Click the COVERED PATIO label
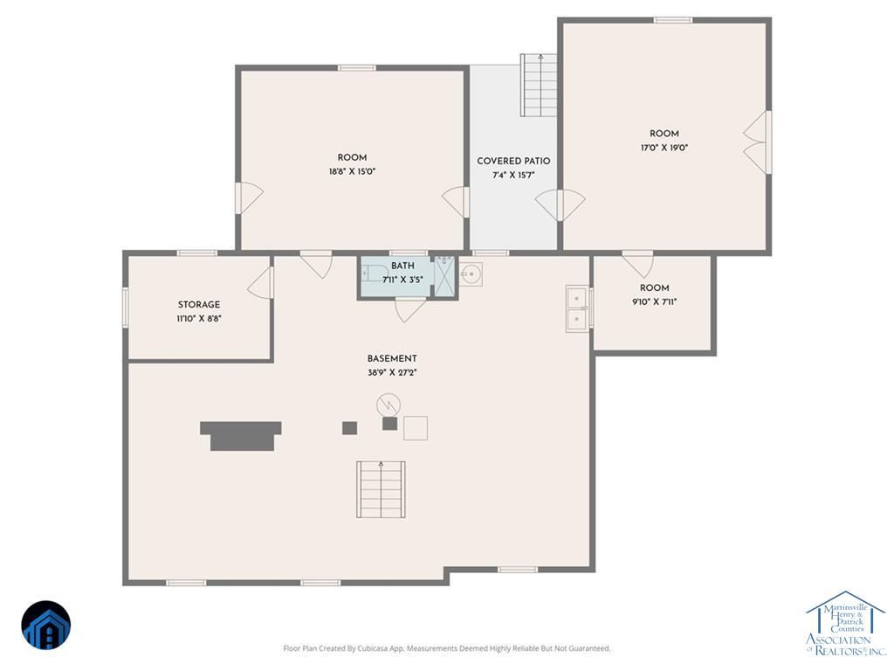click(x=513, y=161)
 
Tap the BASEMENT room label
click(x=392, y=358)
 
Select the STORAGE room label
click(x=198, y=305)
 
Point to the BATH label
click(x=402, y=266)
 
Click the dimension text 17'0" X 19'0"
click(x=664, y=148)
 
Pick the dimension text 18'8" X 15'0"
click(x=352, y=171)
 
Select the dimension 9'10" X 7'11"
click(x=654, y=301)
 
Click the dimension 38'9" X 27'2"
click(x=392, y=372)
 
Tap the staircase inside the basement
click(x=381, y=489)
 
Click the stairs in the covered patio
click(x=538, y=85)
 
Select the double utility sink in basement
click(x=578, y=308)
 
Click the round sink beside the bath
click(x=471, y=273)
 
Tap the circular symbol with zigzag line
click(x=389, y=405)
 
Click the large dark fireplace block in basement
click(x=241, y=436)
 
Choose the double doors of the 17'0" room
click(x=756, y=142)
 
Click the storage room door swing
click(x=260, y=282)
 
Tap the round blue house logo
click(x=46, y=625)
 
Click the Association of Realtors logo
click(x=845, y=623)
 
